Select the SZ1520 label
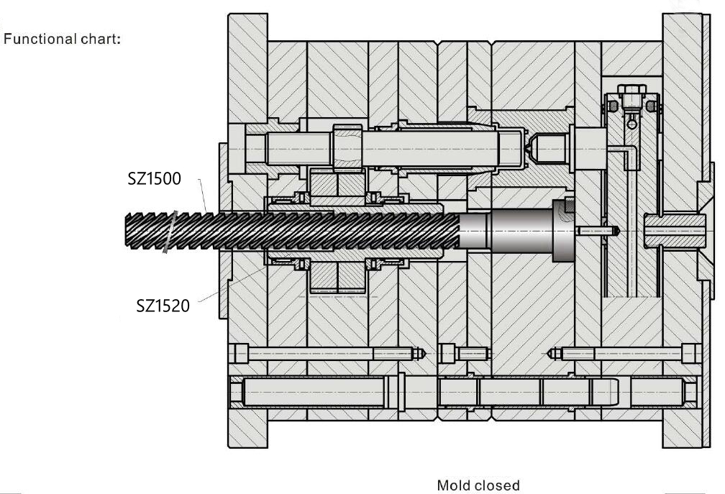pos(163,306)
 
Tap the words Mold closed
pos(478,485)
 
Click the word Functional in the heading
pos(39,39)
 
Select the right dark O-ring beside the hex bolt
pos(652,106)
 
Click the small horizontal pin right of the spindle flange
pos(598,231)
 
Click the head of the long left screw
pos(240,354)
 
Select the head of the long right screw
pos(688,354)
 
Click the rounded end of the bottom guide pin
pos(613,392)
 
